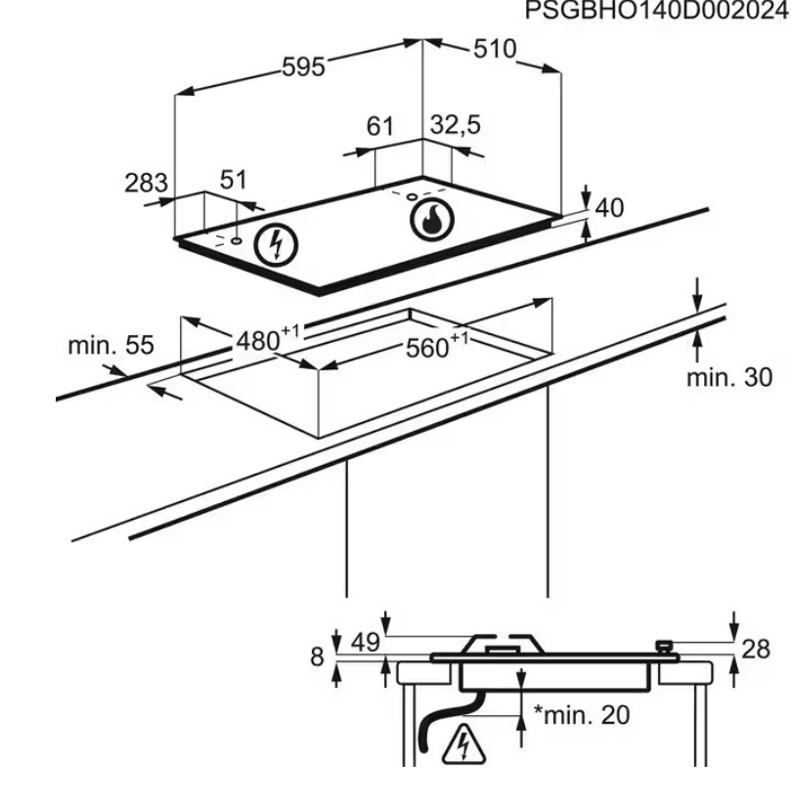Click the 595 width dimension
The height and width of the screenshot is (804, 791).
303,67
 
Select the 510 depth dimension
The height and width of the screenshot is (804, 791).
495,49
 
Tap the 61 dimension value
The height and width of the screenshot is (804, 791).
379,126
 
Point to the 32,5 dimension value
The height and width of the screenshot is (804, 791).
455,125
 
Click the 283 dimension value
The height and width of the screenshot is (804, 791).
147,183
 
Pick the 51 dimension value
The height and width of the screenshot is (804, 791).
234,180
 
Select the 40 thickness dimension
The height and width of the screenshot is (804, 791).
609,208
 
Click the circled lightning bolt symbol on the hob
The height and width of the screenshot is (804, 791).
276,245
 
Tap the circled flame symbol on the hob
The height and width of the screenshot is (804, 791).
432,219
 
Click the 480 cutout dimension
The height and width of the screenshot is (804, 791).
268,339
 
